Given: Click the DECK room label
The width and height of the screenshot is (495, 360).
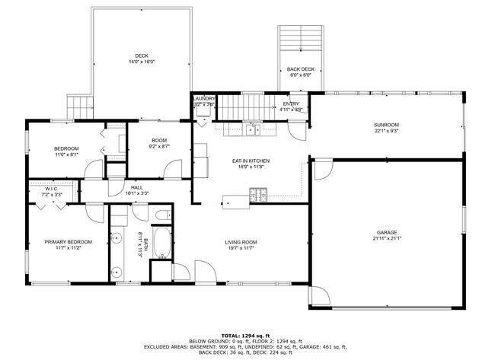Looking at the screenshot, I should pyautogui.click(x=142, y=56).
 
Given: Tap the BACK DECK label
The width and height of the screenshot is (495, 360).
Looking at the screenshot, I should pyautogui.click(x=300, y=69).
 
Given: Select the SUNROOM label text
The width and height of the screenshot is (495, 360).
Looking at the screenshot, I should pyautogui.click(x=386, y=125).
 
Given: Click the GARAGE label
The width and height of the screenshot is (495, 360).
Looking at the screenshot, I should pyautogui.click(x=386, y=232).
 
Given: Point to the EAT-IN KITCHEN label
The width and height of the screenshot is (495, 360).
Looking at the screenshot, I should pyautogui.click(x=251, y=161).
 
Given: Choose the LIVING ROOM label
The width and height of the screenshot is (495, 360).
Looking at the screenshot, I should pyautogui.click(x=241, y=242).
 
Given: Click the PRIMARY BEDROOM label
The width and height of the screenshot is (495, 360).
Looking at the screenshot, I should pyautogui.click(x=69, y=242).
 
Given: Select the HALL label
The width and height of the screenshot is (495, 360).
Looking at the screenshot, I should pyautogui.click(x=136, y=187).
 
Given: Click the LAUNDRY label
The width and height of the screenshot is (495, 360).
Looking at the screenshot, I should pyautogui.click(x=204, y=98).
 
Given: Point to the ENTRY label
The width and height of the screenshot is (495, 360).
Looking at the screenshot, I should pyautogui.click(x=291, y=104).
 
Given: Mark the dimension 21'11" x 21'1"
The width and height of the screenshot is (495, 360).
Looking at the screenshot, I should pyautogui.click(x=386, y=238).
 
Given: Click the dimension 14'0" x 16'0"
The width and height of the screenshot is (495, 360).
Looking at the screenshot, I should pyautogui.click(x=142, y=62).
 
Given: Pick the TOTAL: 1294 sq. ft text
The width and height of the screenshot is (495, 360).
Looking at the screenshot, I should pyautogui.click(x=247, y=335).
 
